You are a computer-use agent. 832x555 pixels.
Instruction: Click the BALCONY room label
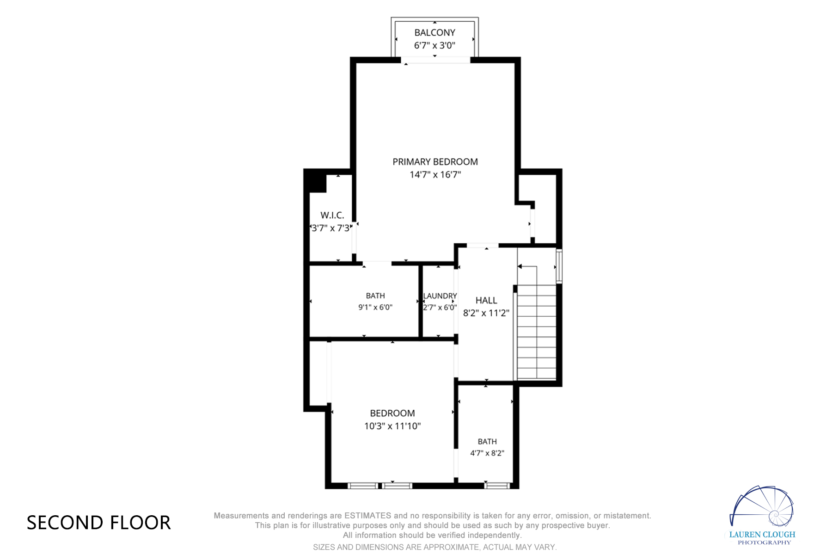(434, 33)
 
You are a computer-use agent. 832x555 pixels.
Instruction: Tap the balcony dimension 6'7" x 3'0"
(434, 45)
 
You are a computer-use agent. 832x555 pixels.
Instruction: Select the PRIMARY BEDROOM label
(435, 162)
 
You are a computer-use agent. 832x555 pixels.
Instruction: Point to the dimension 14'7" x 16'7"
(435, 174)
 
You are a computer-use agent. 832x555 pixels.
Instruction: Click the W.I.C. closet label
(332, 215)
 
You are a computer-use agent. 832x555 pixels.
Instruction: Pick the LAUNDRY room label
(440, 296)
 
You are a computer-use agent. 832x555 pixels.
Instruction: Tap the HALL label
(486, 301)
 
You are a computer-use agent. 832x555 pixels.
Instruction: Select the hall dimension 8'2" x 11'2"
(486, 313)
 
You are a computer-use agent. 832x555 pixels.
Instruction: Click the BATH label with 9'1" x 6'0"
(375, 296)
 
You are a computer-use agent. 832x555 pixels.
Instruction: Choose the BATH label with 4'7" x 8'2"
(487, 442)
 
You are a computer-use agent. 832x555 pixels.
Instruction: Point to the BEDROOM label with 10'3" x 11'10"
(392, 413)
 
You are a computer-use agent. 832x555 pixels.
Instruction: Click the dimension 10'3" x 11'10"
(392, 426)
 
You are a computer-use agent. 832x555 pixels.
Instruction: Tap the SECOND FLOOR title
(98, 523)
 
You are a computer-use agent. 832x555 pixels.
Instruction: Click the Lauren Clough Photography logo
(762, 515)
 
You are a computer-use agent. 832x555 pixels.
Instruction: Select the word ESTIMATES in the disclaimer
(368, 516)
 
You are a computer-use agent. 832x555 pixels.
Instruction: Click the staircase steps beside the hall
(536, 332)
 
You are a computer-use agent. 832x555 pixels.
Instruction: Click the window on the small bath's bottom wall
(497, 486)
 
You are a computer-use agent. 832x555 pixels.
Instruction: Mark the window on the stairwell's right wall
(559, 266)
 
